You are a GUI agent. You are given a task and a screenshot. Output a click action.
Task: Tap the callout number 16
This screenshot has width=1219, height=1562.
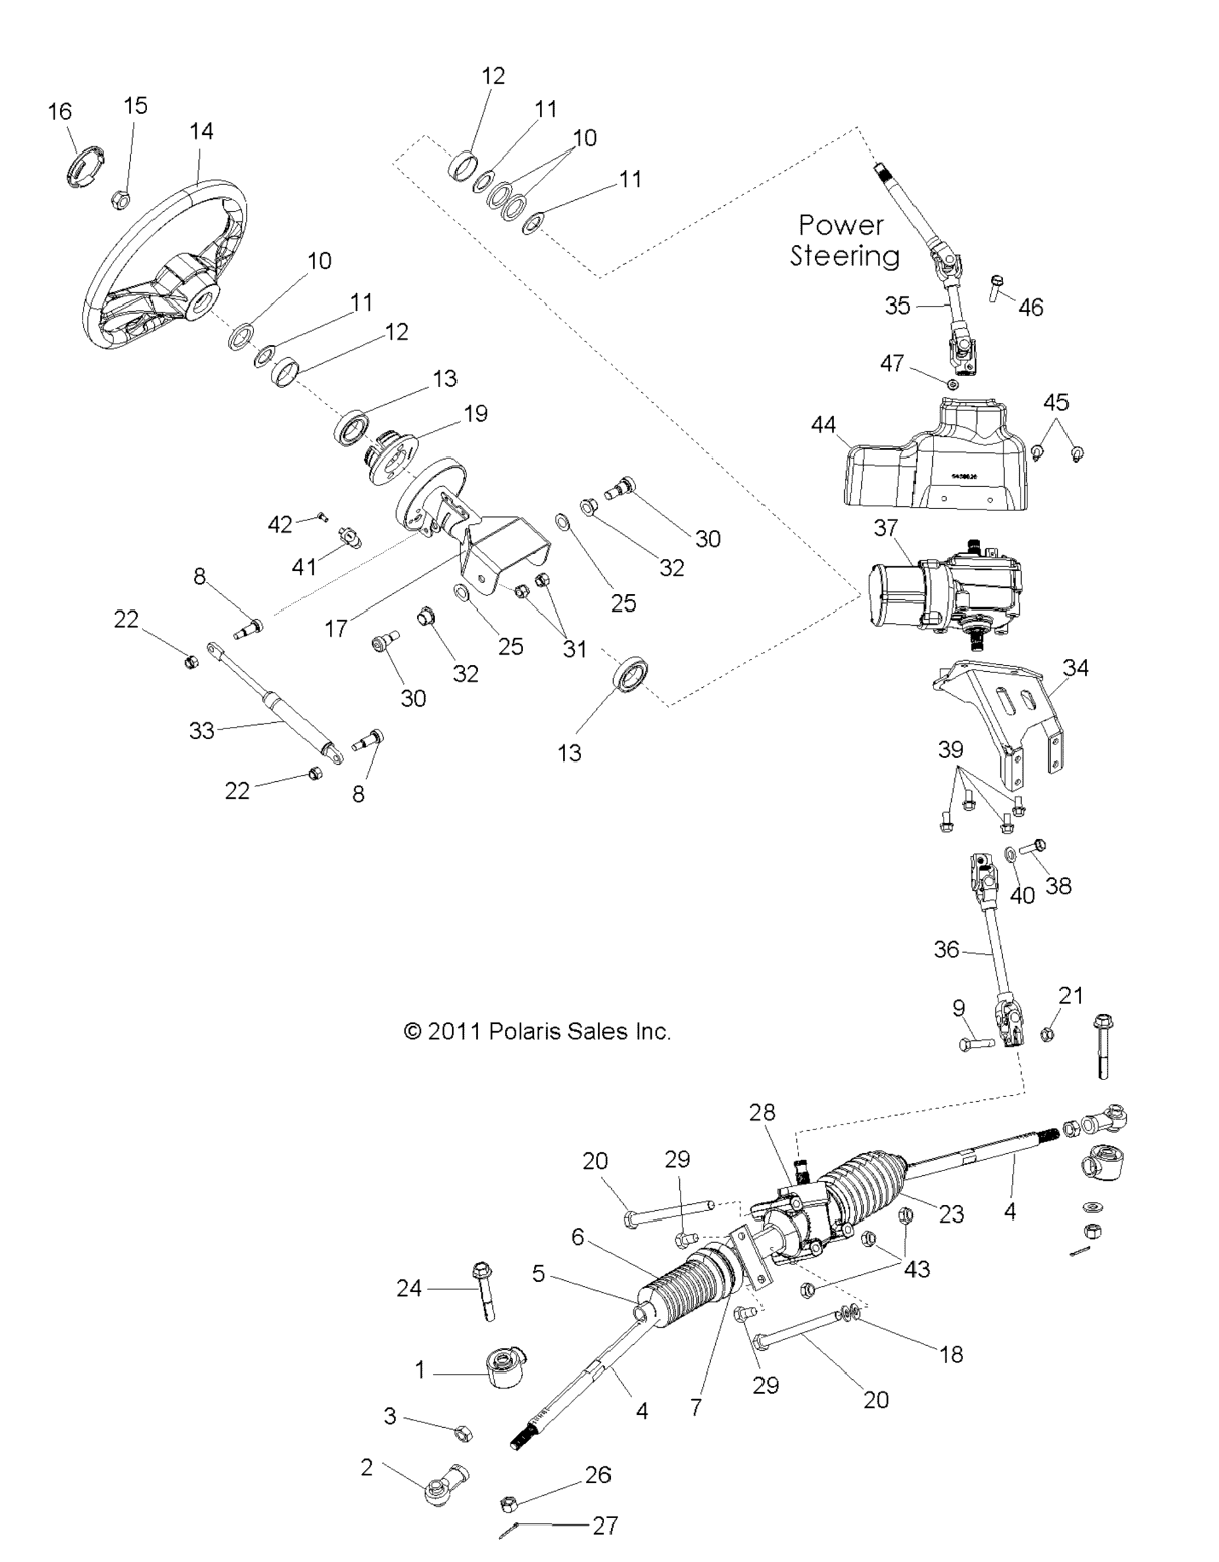point(60,112)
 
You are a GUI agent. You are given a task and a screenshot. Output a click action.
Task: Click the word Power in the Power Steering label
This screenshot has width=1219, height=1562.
point(841,225)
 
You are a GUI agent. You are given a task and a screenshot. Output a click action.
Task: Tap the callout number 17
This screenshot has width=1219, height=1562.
point(336,629)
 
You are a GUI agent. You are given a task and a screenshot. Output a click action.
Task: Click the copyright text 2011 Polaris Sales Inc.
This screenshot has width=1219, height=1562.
point(537,1031)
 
